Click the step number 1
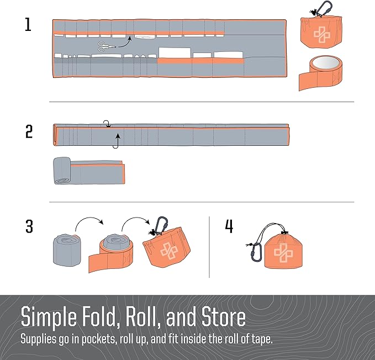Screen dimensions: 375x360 click(28, 25)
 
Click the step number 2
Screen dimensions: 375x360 click(29, 131)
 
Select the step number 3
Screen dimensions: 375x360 click(29, 226)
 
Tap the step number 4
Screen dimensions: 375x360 click(229, 226)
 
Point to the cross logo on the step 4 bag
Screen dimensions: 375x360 click(283, 253)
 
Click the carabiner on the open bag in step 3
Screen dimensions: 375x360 click(161, 225)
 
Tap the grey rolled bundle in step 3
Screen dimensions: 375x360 click(67, 250)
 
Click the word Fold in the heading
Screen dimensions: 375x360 click(101, 317)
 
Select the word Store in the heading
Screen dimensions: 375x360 click(223, 317)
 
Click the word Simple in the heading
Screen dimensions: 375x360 click(49, 317)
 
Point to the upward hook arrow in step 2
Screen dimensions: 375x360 click(117, 141)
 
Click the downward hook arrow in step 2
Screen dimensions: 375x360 click(107, 124)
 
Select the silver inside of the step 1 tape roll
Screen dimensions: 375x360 click(325, 62)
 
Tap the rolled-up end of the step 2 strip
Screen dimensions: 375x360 click(62, 171)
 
